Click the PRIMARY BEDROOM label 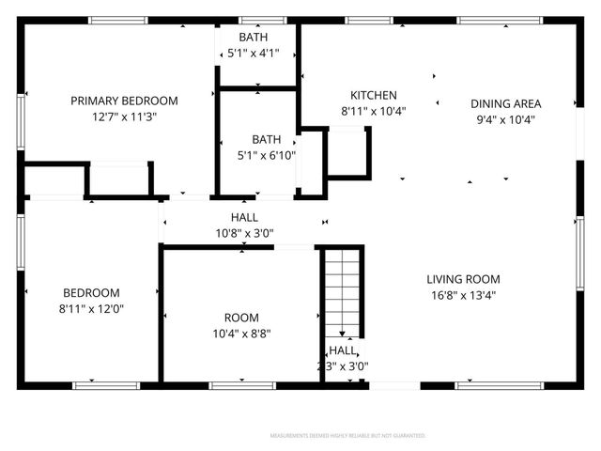click(123, 101)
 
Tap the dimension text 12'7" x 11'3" click(123, 117)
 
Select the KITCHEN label click(374, 95)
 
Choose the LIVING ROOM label click(463, 279)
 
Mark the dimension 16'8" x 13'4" click(463, 295)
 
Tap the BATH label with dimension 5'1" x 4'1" click(253, 37)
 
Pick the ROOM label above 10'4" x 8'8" click(241, 318)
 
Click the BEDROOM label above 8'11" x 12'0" click(91, 292)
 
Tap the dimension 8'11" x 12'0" click(91, 308)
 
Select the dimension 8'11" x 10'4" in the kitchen click(374, 111)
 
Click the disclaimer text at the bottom click(347, 436)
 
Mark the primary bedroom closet click(119, 179)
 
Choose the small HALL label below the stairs click(342, 350)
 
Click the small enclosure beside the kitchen click(347, 152)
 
